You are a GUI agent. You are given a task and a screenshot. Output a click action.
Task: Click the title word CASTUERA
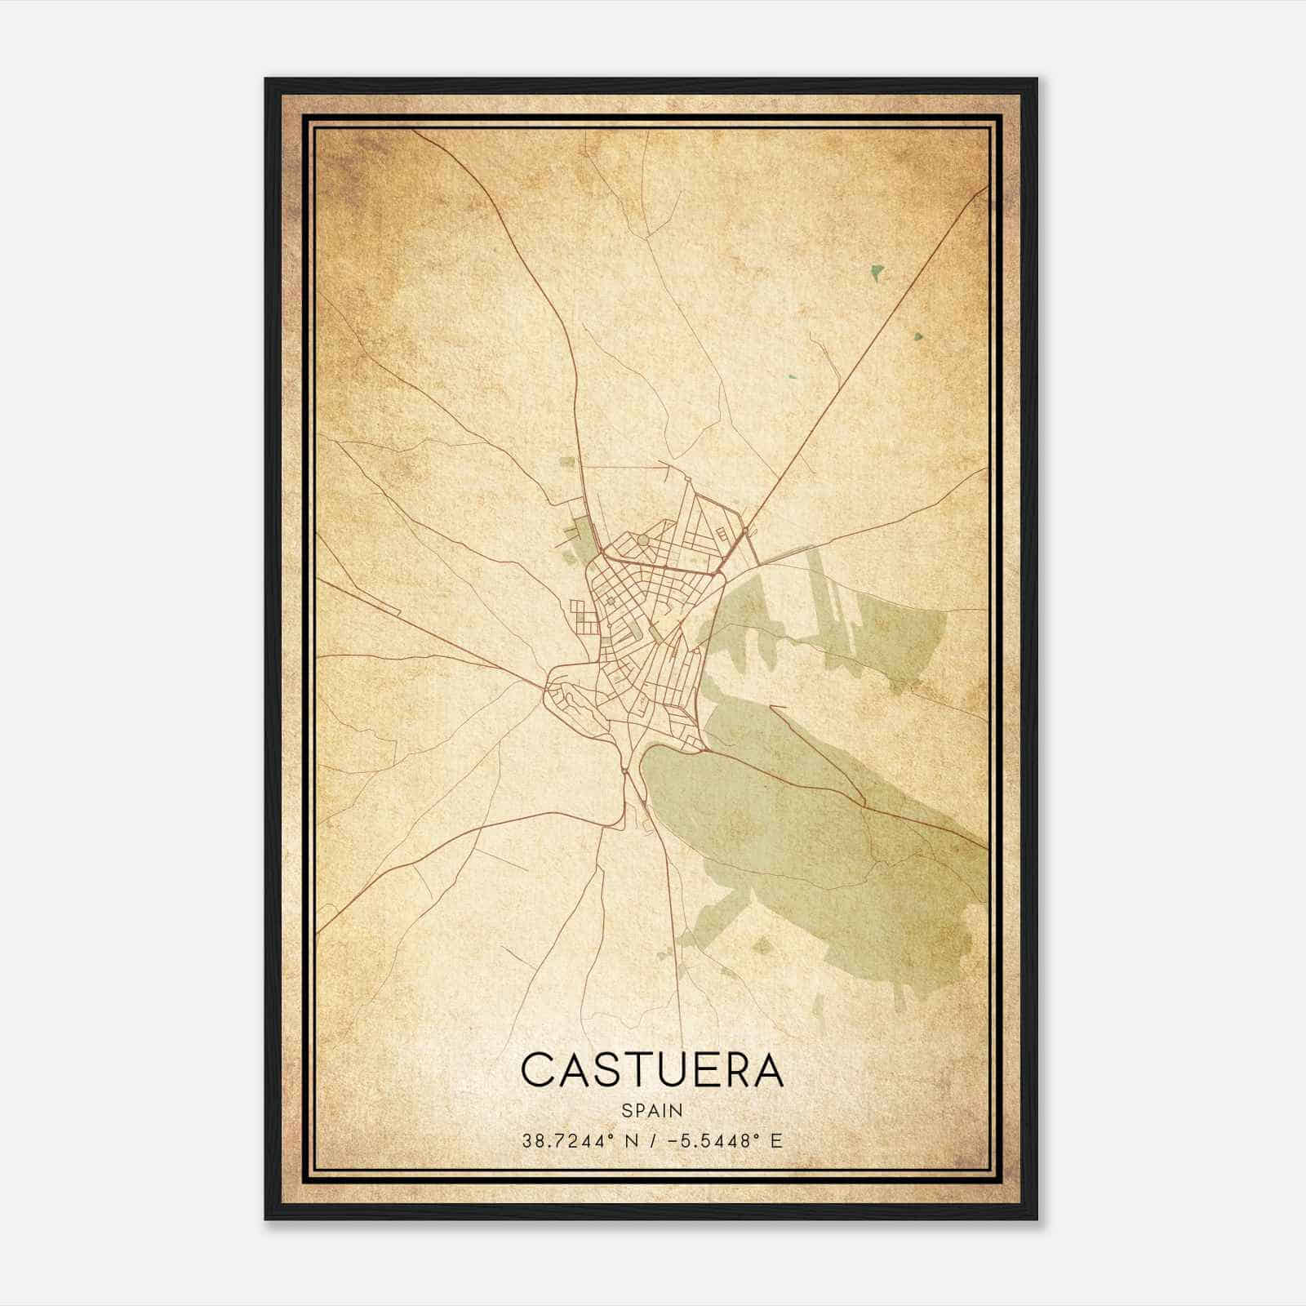click(x=652, y=1070)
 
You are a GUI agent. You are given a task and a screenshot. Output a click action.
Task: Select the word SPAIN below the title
click(x=652, y=1110)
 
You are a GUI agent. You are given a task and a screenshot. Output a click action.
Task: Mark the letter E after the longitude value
click(x=775, y=1141)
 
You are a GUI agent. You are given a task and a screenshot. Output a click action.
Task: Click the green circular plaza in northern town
click(x=642, y=540)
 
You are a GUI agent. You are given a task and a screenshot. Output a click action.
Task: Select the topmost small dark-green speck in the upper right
click(x=877, y=272)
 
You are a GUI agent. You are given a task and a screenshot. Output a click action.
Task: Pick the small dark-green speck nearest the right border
click(x=919, y=335)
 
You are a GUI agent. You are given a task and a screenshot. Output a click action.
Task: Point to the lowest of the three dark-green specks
click(x=792, y=377)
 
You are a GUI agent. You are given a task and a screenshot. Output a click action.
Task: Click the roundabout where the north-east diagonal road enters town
click(x=745, y=531)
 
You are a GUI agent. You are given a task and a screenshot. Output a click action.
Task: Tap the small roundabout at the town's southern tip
click(x=624, y=769)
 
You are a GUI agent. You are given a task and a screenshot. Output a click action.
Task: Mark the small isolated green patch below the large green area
click(x=762, y=946)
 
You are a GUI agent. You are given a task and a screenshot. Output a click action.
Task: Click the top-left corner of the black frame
click(x=266, y=79)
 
